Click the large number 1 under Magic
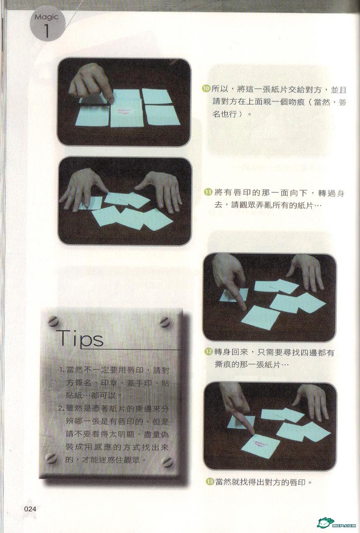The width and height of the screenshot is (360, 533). [x=47, y=31]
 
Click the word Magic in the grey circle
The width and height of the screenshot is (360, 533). [x=46, y=17]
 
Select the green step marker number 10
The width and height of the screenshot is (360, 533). [x=206, y=89]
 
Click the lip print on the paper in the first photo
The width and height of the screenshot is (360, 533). [x=124, y=111]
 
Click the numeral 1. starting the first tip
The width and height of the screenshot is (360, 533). [x=62, y=371]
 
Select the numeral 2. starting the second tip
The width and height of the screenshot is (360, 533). [x=61, y=409]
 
